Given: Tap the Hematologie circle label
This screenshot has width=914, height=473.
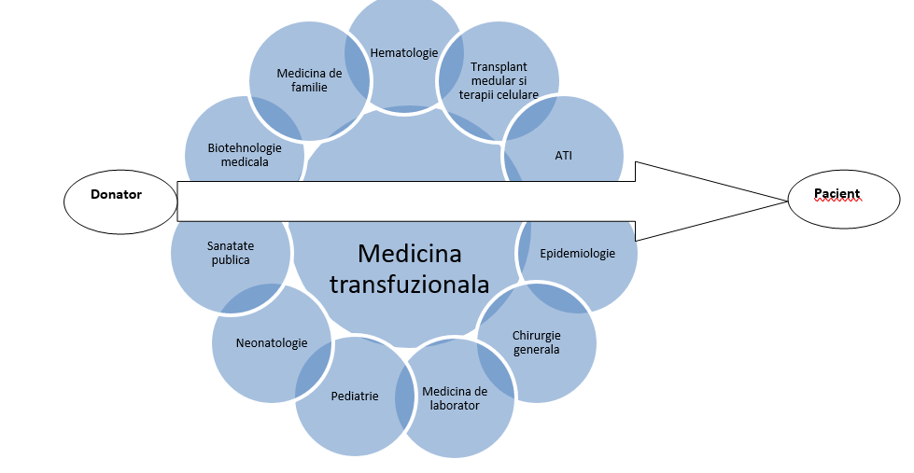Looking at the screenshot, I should (404, 53).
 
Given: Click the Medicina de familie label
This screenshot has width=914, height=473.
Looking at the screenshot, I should (309, 80).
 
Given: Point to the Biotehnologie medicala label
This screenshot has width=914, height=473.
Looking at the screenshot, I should (245, 154).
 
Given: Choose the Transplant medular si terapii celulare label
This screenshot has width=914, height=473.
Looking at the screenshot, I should (499, 81).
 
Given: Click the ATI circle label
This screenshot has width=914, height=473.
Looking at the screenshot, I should (563, 155).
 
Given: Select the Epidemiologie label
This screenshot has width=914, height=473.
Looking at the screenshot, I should (578, 253).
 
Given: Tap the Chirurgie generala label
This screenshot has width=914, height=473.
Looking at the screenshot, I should (537, 342).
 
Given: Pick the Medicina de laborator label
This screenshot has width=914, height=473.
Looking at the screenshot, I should (455, 398).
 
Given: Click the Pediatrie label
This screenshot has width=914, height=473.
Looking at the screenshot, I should (355, 396).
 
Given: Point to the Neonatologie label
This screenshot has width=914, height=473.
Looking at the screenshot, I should (272, 343).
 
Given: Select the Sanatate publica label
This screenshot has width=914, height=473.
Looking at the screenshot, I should (231, 253).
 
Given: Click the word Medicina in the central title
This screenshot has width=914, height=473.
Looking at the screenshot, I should (409, 254).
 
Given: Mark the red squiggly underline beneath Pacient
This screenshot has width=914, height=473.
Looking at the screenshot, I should (837, 202).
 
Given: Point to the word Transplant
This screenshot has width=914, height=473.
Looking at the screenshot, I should (499, 67).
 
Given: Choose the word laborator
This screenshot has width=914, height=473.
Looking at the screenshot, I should (455, 406).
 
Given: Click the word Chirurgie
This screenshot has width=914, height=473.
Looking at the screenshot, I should (537, 336).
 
